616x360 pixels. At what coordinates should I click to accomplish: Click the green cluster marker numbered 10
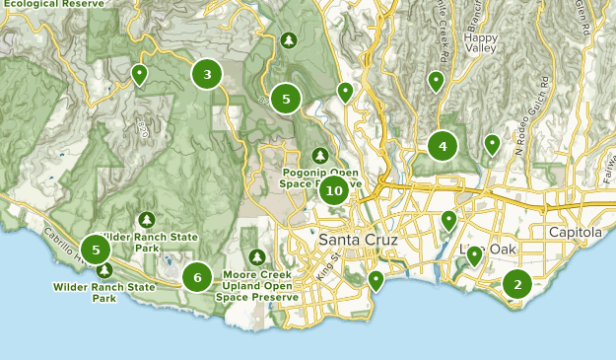point(334,190)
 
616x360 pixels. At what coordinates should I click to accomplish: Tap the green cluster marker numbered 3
point(207,74)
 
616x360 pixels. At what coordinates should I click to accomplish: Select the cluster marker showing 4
point(443,147)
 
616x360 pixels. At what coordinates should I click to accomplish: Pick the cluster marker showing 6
point(197,278)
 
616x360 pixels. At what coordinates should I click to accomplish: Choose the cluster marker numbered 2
point(516,284)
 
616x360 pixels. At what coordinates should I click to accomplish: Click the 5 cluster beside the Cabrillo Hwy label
point(96,250)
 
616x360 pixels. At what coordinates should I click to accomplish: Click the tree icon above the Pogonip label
point(320,156)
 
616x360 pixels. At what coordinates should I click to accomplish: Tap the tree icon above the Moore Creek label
point(257,257)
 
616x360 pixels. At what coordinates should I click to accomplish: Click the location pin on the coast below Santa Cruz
point(376,281)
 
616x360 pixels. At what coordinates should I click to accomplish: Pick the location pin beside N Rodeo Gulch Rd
point(492,144)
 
